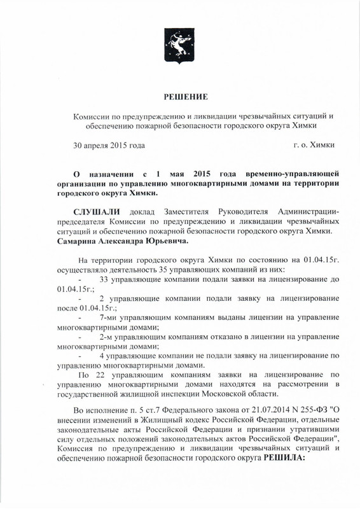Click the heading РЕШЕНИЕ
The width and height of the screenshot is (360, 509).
tap(179, 97)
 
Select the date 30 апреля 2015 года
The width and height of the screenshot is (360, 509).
tap(109, 146)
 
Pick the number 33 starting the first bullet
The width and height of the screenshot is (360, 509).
tap(106, 280)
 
